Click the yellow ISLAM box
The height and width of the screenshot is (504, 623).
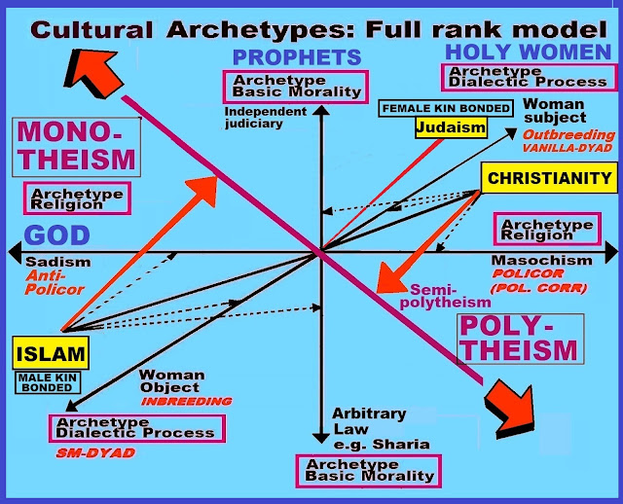(51, 354)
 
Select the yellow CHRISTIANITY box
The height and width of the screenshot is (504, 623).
(550, 178)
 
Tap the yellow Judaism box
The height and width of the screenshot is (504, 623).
(449, 127)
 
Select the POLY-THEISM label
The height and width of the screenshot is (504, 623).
(518, 339)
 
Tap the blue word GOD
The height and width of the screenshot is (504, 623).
(57, 235)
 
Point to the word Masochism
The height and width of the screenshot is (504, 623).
(541, 261)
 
